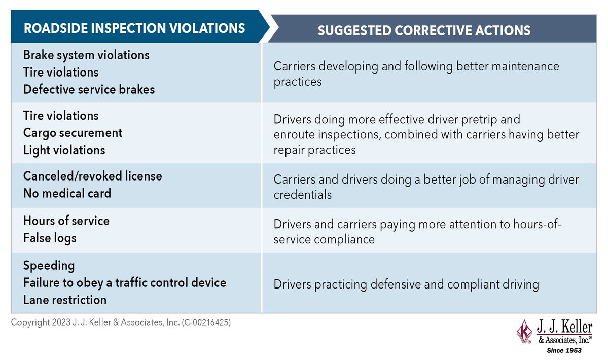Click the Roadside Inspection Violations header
(134, 28)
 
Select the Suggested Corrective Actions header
(424, 30)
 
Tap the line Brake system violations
(86, 55)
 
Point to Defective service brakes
(89, 90)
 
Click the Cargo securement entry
(73, 133)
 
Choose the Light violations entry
(64, 150)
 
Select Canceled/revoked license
(93, 176)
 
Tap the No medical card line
(67, 193)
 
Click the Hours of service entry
(66, 221)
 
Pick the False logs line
(50, 238)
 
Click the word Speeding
(49, 266)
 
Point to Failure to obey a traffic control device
(124, 283)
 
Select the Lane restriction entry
(65, 300)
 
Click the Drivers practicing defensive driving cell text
(406, 284)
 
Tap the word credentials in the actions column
(302, 195)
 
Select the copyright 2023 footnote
(121, 322)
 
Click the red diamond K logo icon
(525, 331)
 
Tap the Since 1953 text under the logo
(564, 350)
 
